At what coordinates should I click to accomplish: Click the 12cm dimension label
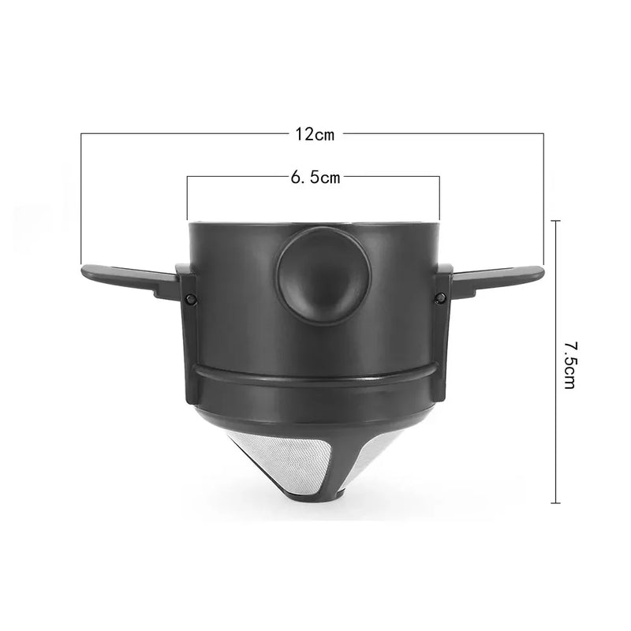click(x=315, y=134)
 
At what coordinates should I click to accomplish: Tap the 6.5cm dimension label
click(x=315, y=177)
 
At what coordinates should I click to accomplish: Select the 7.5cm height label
click(x=569, y=365)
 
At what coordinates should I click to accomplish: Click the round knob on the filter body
click(x=323, y=275)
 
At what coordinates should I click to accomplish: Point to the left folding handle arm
click(x=129, y=280)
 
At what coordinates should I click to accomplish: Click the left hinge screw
click(x=191, y=298)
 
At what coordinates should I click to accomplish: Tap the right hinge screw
click(x=441, y=298)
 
